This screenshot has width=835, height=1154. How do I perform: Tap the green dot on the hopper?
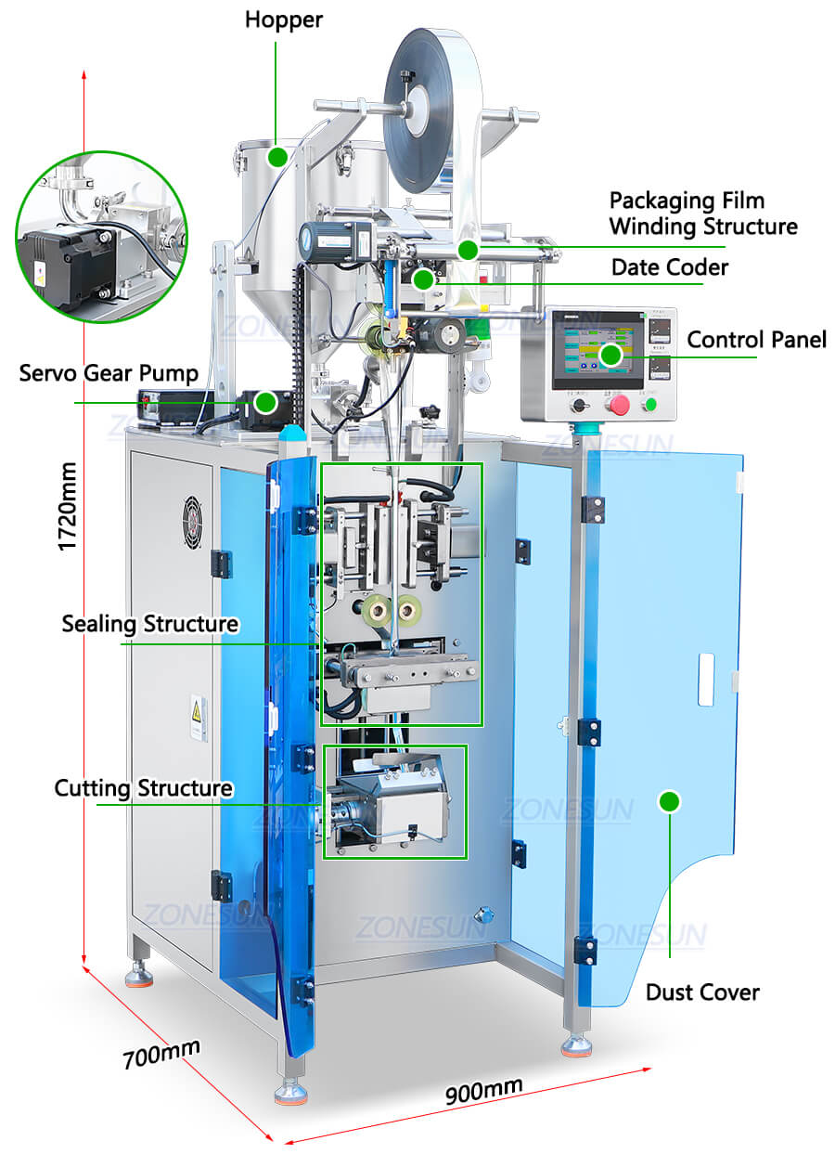point(277,157)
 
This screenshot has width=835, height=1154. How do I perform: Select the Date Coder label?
point(669,267)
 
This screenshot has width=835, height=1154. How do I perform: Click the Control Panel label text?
point(756,340)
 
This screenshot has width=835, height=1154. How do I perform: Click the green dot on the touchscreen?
point(610,354)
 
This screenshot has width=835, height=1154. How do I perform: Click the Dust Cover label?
point(702,992)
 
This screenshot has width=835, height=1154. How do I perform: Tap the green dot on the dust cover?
point(669,801)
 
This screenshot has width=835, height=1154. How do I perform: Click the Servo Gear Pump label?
point(109,373)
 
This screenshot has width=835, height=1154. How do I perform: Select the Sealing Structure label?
point(149,623)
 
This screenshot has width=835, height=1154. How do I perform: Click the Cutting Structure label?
point(143,788)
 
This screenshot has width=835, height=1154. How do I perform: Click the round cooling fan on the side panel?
point(192,524)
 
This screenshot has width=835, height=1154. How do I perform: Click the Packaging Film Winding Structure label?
point(702,213)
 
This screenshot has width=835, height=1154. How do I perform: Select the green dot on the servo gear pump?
point(265,402)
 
